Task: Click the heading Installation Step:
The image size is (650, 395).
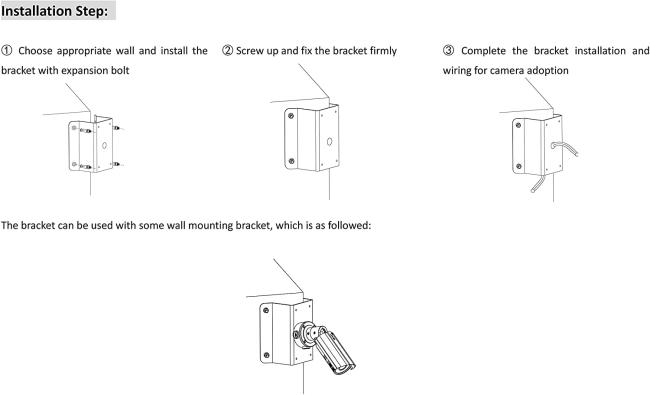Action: (x=54, y=11)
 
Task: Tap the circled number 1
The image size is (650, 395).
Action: (x=7, y=51)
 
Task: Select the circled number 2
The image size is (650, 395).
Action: (x=228, y=51)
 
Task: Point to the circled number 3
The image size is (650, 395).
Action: (x=449, y=51)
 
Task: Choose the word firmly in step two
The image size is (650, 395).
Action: (x=383, y=51)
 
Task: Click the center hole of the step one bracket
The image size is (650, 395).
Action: (x=104, y=145)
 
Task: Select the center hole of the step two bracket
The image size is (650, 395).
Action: (x=329, y=142)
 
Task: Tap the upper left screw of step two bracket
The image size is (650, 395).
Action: (x=291, y=116)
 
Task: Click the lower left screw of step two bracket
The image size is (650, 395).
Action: (x=291, y=161)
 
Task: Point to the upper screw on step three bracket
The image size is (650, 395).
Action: (x=518, y=125)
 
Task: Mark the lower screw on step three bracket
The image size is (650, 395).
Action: (x=519, y=166)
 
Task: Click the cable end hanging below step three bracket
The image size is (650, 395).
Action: (x=534, y=191)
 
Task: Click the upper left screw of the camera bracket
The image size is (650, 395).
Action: (x=266, y=310)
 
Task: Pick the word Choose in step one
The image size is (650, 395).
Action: (x=34, y=51)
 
